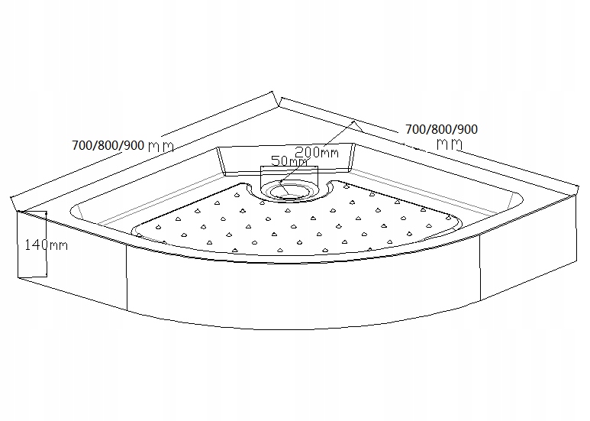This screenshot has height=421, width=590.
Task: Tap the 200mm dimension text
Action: [x=316, y=152]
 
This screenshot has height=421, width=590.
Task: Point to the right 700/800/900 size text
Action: [x=441, y=129]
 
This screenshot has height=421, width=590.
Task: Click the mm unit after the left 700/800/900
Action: [x=161, y=145]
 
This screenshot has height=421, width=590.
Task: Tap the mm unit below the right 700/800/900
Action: [x=450, y=144]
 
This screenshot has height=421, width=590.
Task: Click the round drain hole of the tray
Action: [x=289, y=187]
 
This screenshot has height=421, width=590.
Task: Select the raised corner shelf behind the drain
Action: [x=287, y=157]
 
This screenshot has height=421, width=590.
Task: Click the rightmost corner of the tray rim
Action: [x=577, y=196]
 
